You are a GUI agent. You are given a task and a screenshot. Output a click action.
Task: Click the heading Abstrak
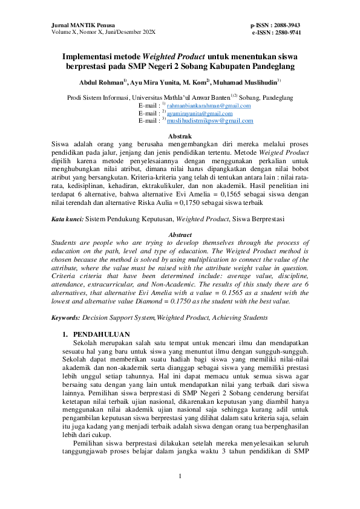tap(180, 137)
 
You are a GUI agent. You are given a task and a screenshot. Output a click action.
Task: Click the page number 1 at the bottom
tap(180, 476)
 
